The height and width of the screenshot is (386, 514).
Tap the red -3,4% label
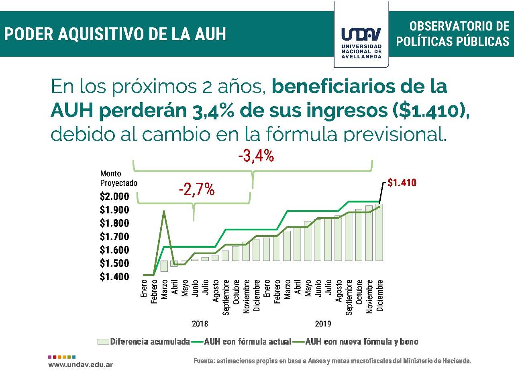256,156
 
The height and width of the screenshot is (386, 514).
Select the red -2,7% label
196,189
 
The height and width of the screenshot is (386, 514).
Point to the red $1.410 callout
402,183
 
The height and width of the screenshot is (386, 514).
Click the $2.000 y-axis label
114,197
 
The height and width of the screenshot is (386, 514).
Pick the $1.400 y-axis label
114,277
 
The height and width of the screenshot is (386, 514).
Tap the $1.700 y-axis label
114,236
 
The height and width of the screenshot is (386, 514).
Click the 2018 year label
200,324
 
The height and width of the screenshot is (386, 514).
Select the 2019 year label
323,324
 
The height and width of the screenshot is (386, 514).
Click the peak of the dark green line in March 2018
164,211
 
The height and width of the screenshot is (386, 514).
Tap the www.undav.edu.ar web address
80,365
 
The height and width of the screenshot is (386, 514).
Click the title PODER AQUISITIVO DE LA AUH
115,34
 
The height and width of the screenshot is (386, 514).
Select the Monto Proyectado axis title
118,178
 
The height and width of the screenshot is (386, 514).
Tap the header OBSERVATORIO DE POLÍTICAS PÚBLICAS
453,34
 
